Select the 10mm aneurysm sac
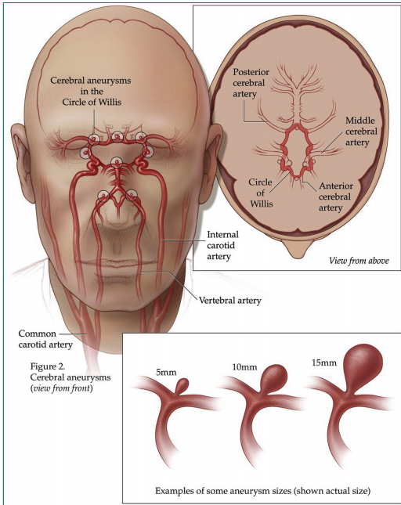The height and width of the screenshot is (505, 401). click(274, 377)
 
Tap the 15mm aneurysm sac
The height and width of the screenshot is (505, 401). click(363, 363)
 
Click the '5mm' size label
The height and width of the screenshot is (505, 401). click(166, 373)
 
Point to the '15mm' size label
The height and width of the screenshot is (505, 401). click(324, 363)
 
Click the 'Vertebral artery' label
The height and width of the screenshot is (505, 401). click(230, 301)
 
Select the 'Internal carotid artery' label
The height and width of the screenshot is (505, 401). click(222, 245)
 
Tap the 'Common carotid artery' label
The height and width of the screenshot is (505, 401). click(45, 339)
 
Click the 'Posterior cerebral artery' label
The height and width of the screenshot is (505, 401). click(251, 83)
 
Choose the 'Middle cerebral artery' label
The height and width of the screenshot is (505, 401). click(361, 132)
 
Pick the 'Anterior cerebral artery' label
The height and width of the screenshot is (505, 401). click(336, 197)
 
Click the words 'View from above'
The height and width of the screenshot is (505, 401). click(359, 261)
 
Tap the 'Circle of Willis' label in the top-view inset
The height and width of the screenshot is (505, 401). click(261, 193)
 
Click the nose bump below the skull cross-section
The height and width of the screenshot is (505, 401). click(297, 249)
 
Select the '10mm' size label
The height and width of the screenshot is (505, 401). click(245, 367)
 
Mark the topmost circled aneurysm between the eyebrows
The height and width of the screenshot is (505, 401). click(117, 137)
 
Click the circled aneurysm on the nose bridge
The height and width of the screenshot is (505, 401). click(116, 163)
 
